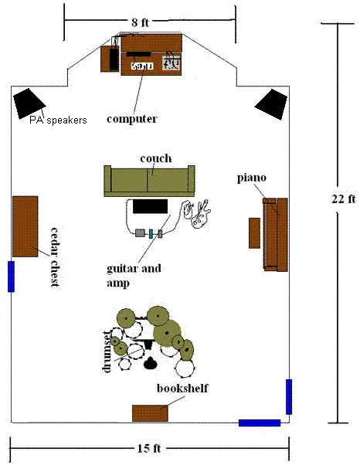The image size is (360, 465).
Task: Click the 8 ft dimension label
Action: coord(140,22)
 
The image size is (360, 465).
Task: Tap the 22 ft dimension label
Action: coord(343,199)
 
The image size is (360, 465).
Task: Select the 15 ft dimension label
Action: coord(149,448)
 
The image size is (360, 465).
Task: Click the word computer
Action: coord(131,119)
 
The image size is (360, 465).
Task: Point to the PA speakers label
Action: coord(58,120)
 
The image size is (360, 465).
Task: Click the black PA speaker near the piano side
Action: coord(271,104)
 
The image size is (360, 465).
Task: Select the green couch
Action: coord(149,181)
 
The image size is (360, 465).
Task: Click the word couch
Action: coord(156,158)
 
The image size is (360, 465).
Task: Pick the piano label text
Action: coord(252,178)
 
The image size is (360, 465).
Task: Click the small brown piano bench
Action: coord(254,233)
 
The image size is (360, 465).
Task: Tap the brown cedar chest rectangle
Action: coord(25,226)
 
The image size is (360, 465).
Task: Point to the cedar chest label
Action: coord(55,256)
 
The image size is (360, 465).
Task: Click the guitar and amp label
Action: coord(134,276)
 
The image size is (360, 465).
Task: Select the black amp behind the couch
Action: coord(150,206)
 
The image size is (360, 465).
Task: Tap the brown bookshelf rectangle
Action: coord(150,413)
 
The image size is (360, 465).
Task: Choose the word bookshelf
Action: coord(182,389)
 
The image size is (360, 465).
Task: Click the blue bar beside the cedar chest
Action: coord(11,277)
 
